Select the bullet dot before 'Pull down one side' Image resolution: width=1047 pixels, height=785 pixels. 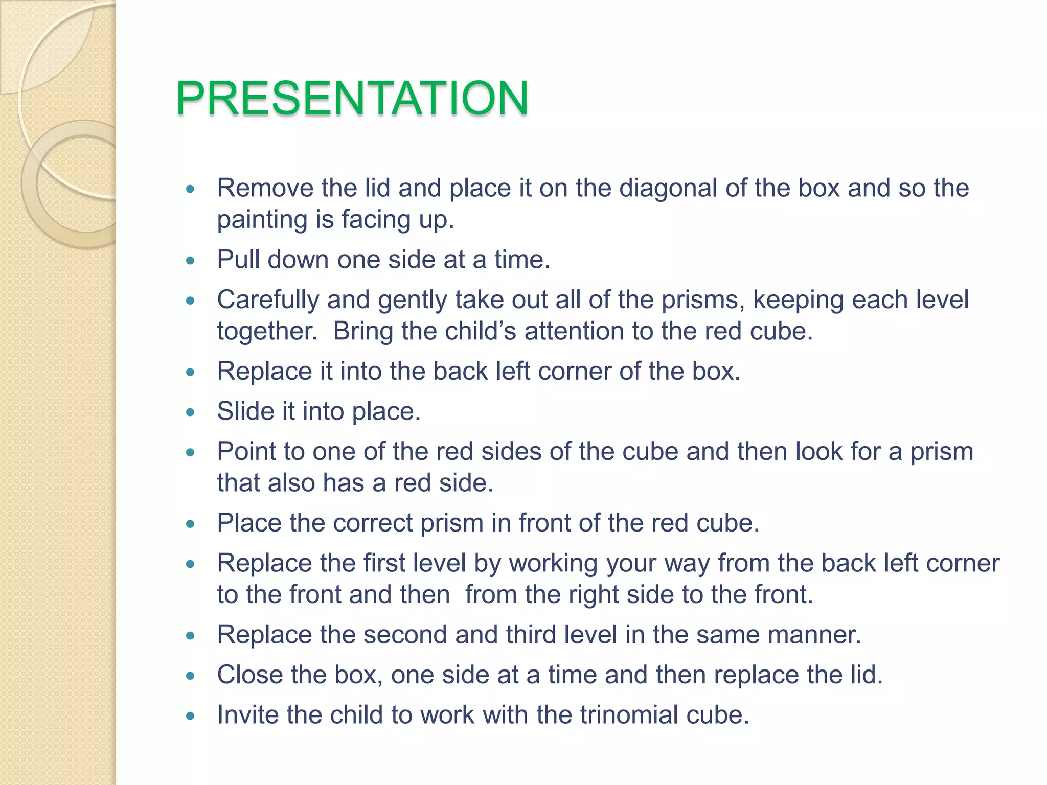tap(191, 261)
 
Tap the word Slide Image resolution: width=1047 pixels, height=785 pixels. tap(245, 411)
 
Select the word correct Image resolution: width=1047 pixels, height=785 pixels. tap(376, 523)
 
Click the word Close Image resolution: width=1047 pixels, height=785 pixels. tap(249, 675)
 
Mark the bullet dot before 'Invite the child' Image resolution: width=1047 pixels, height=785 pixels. tap(191, 716)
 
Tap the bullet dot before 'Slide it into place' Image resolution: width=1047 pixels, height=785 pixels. tap(191, 412)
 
